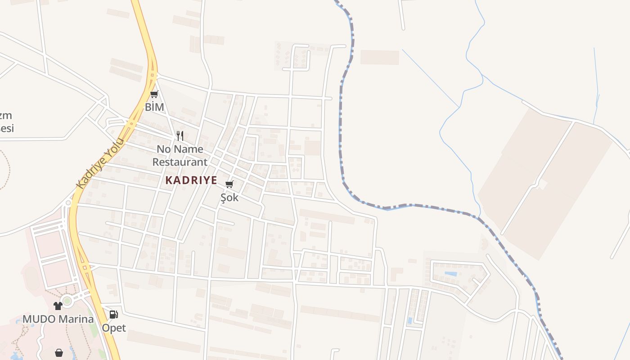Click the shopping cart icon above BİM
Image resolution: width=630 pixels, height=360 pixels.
pos(154,94)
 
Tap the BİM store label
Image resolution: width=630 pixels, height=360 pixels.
pos(154,107)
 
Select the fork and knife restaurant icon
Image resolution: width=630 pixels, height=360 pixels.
pos(180,135)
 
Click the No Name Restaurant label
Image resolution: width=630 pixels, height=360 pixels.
pos(180,155)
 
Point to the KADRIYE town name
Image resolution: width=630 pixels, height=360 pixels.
pos(191,180)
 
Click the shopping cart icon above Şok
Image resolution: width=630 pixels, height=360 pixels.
pos(229,184)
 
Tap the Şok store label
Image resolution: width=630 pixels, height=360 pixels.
pos(229,197)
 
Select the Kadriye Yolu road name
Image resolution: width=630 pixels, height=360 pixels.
pos(99,163)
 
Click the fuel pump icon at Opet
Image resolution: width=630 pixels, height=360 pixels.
pos(114,315)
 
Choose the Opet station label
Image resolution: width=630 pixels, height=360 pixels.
pos(114,328)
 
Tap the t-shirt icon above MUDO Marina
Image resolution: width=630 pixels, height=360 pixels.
pos(58,306)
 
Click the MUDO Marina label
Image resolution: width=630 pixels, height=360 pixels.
pos(58,319)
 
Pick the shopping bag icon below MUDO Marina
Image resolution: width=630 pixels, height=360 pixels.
pos(59,353)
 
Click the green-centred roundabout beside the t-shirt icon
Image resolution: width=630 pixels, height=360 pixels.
pos(67,301)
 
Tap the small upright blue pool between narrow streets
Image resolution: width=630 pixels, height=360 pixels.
pos(409,321)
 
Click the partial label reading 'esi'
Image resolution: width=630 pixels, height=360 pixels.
pos(6,128)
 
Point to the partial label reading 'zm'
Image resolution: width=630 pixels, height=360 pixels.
pos(5,116)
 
